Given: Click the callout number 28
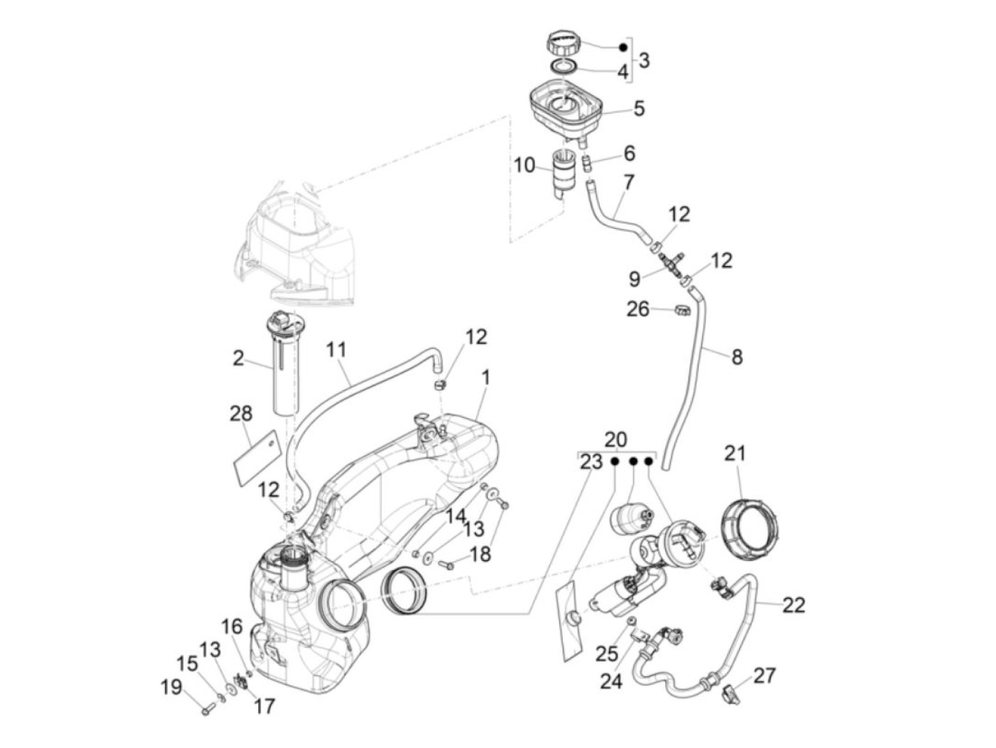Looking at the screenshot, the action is pos(241,414).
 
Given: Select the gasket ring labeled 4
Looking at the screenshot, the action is pos(563,67).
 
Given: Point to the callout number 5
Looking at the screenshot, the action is pos(639,108).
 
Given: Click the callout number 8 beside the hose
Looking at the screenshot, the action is pos(737,357).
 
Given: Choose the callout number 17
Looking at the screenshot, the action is pos(264,706).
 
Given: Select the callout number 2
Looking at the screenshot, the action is pos(238,358).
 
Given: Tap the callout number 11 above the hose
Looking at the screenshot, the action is pos(336,350).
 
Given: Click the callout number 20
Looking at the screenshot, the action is pos(616,439).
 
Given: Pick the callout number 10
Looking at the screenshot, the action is pos(524,165).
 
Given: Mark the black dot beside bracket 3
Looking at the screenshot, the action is pos(623,47).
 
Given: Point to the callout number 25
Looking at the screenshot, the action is pos(607,653).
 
